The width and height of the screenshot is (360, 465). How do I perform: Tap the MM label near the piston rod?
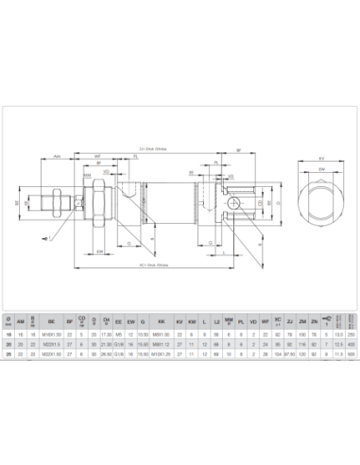[87, 176]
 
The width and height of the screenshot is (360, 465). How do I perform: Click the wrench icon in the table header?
[325, 320]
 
